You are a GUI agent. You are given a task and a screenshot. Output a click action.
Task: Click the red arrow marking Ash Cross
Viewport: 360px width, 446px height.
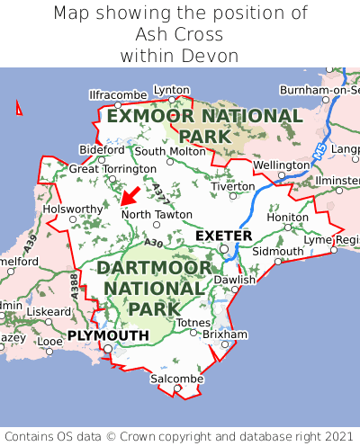coord(130,194)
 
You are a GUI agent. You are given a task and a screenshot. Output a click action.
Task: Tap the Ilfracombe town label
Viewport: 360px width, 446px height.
coord(117,94)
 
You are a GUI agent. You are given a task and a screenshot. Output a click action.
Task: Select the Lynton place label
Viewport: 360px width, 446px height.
coord(172,90)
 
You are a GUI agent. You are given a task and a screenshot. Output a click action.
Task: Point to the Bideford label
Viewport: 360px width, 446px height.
coord(102,149)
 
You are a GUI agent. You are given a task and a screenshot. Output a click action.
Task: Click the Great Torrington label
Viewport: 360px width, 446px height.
coord(112,168)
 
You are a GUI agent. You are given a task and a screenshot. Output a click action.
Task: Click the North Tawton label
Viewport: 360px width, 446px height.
coord(157,214)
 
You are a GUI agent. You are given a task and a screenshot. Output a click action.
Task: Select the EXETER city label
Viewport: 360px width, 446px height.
coord(224,236)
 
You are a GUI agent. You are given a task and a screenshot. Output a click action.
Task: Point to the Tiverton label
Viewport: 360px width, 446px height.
coord(236,186)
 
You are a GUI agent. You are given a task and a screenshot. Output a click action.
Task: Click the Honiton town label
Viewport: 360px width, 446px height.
coord(288,217)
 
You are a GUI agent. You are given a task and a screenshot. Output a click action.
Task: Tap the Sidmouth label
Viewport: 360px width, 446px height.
coord(277,251)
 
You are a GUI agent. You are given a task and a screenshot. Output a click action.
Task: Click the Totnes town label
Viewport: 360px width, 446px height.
coord(193,323)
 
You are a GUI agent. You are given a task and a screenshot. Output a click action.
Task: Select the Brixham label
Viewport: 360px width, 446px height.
coord(225,334)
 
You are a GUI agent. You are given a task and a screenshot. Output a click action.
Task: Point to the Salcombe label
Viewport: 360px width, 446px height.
coord(177,379)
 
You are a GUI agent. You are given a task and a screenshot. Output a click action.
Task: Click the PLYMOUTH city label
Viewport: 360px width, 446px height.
coord(108,335)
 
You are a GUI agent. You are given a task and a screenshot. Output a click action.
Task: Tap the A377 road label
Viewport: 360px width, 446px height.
coord(159,192)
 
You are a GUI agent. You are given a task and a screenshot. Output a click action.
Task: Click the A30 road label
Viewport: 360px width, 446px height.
coord(153,243)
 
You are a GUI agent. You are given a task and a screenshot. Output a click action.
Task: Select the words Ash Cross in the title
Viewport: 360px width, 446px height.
coord(180,35)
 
